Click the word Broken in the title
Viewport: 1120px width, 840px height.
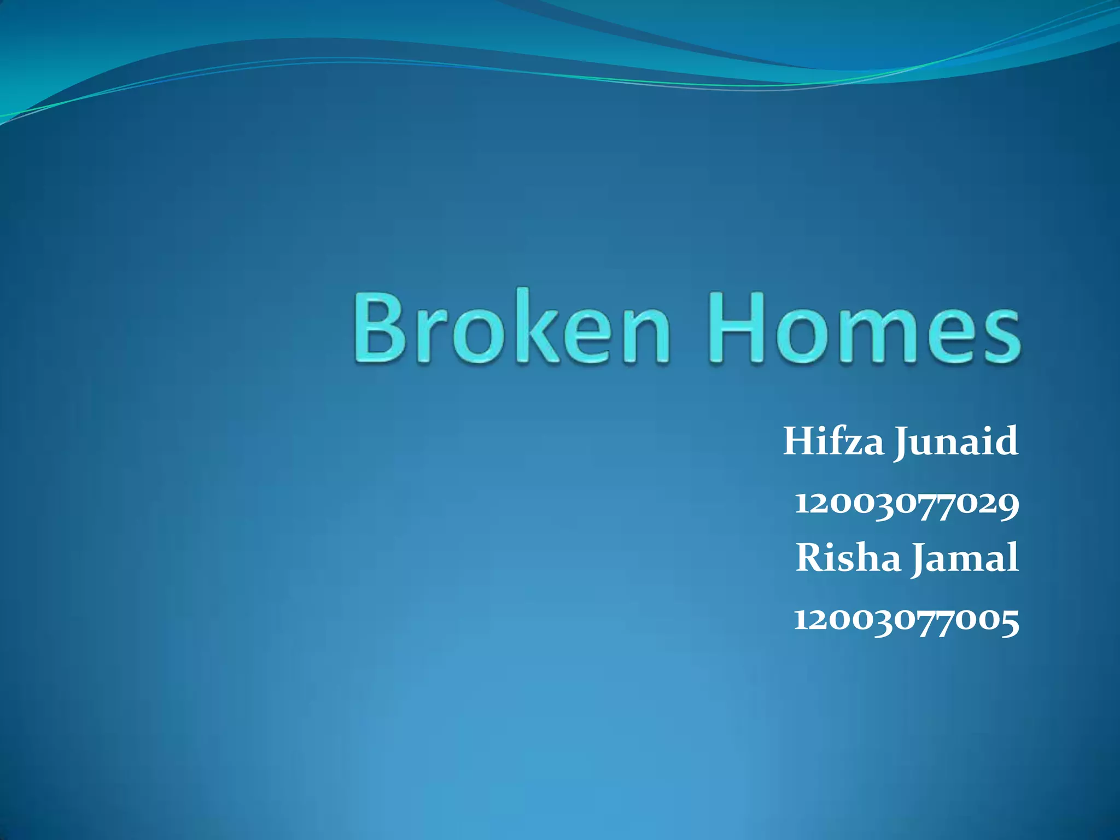tap(511, 327)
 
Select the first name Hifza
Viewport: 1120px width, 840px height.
tap(833, 441)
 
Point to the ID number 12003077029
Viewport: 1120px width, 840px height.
tap(906, 504)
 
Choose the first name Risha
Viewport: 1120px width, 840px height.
tap(848, 558)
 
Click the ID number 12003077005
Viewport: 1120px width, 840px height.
tap(906, 620)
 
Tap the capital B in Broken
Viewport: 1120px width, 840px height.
tap(381, 327)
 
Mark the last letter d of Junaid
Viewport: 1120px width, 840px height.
tap(1007, 441)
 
